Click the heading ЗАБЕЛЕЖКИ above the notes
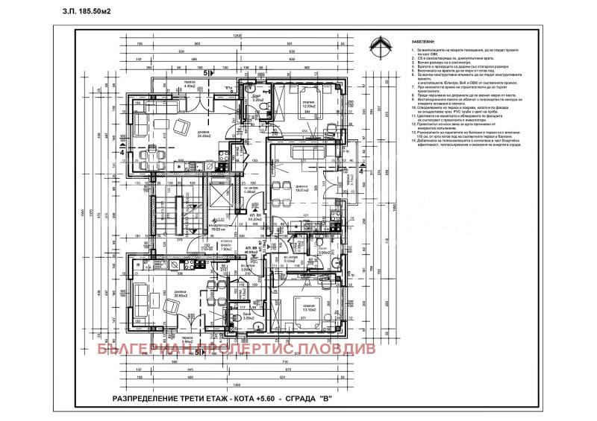coord(423,42)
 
